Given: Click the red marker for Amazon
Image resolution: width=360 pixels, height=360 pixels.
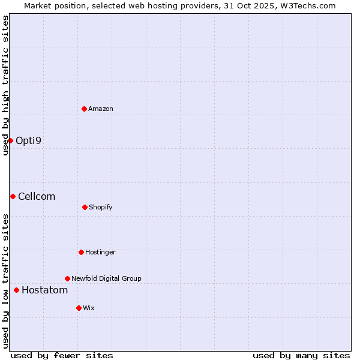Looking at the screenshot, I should point(85,109).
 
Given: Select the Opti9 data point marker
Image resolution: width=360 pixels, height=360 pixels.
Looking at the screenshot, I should point(10,140).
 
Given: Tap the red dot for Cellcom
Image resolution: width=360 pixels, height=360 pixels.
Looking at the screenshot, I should point(13,196).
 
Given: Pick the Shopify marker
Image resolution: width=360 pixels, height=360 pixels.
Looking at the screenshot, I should point(85,207).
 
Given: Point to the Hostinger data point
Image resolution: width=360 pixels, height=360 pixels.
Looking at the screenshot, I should point(81,252).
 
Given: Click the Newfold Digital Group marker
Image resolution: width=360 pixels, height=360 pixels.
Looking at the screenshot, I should point(67,278).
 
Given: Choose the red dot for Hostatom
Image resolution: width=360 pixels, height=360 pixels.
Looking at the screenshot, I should point(16,290).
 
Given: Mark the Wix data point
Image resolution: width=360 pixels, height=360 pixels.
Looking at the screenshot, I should point(79,308).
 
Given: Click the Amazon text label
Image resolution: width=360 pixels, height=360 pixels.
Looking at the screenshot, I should point(101,109).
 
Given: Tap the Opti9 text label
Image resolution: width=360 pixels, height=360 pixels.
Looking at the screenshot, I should point(29,141).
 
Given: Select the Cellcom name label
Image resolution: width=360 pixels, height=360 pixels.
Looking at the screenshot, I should point(37,197).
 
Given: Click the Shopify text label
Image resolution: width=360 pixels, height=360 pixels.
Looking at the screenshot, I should point(101,207).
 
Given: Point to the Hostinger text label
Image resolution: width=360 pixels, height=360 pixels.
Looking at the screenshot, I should point(100,252).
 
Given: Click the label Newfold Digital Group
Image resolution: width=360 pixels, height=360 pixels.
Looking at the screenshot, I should point(106,278).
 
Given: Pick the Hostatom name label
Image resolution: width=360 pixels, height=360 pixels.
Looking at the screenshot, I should point(45,290).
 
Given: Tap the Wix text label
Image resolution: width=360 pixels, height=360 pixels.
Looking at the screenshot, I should point(89,308).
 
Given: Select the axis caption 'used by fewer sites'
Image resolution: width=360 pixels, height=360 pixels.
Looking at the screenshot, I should point(62,355).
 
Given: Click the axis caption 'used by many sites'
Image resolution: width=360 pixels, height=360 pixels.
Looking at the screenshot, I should point(301,355).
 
